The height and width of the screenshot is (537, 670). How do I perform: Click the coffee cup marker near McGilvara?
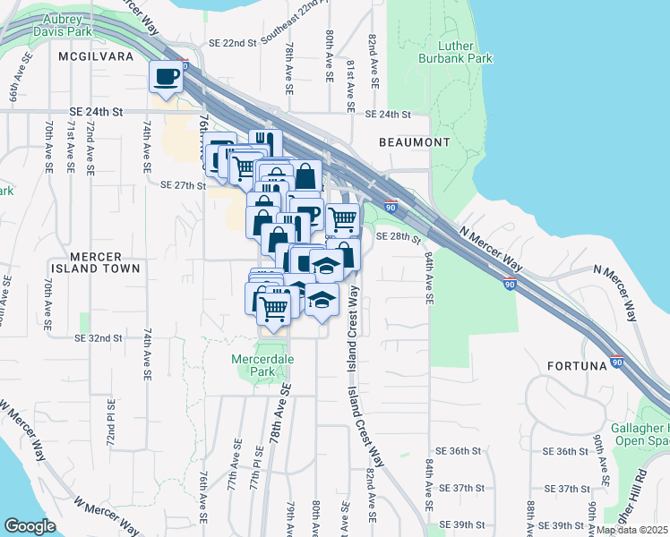(x=166, y=77)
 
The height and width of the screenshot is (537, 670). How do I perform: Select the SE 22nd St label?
(x=232, y=43)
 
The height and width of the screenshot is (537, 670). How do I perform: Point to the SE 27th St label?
(x=183, y=185)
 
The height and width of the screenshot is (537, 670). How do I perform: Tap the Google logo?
(x=30, y=526)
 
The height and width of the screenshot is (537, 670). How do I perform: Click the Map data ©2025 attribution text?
(x=631, y=530)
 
